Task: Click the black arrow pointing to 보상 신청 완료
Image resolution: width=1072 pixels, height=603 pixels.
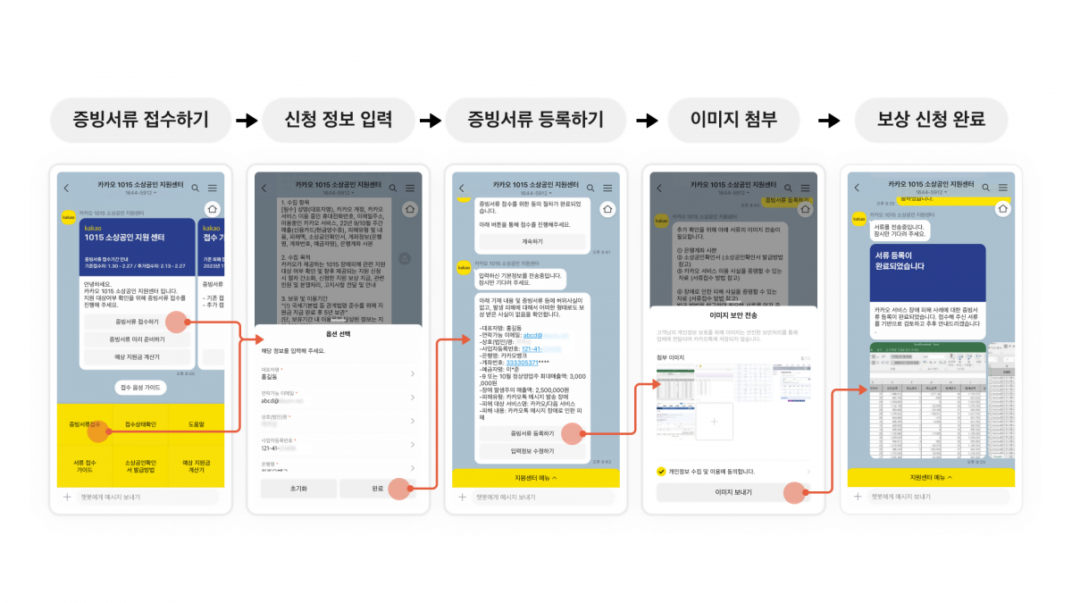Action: [829, 120]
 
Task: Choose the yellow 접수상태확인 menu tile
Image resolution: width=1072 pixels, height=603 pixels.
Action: [140, 424]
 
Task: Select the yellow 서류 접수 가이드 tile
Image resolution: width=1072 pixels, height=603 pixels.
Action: [84, 465]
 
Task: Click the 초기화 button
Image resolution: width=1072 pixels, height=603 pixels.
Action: [298, 489]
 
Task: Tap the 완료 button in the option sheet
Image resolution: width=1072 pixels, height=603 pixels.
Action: [377, 489]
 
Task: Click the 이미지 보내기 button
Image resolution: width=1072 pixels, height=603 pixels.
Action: [733, 492]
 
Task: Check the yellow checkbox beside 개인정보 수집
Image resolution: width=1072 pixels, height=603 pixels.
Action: [661, 471]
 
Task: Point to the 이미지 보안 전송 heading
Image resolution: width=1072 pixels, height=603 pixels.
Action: [733, 315]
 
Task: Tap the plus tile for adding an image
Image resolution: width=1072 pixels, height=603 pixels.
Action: [713, 420]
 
